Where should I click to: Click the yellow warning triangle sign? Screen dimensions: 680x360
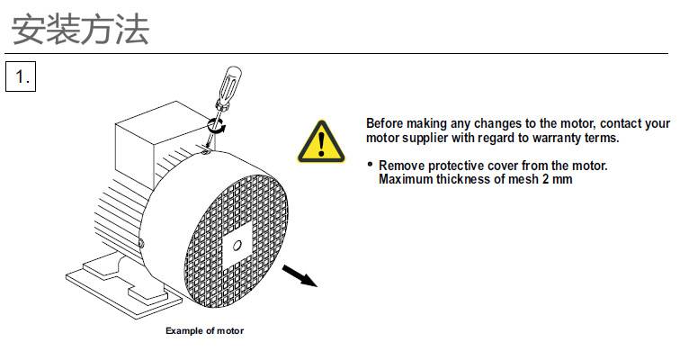click(x=321, y=142)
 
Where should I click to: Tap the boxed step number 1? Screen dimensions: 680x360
click(x=21, y=76)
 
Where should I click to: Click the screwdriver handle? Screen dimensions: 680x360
click(x=229, y=85)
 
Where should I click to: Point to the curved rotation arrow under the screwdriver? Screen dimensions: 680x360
click(x=217, y=126)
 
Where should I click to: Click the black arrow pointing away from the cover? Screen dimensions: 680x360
click(x=300, y=276)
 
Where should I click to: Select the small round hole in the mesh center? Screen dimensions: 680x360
click(x=237, y=246)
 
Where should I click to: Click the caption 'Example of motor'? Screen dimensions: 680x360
click(x=205, y=330)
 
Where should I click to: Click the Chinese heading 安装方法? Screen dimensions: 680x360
click(x=80, y=30)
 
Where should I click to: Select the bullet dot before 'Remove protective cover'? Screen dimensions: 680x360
click(x=370, y=164)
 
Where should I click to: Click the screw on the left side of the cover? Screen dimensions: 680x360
click(x=141, y=243)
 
